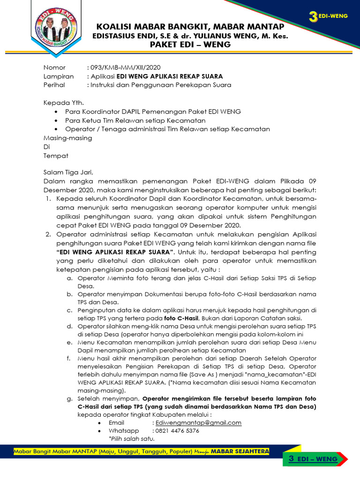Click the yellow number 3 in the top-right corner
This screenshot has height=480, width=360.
pyautogui.click(x=313, y=17)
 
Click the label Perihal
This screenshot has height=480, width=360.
pyautogui.click(x=54, y=85)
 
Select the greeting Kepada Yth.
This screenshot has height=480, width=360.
pyautogui.click(x=64, y=103)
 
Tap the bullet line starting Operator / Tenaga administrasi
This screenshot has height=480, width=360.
pyautogui.click(x=167, y=129)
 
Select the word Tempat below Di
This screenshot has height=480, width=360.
pyautogui.click(x=56, y=155)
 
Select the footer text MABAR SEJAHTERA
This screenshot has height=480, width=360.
pyautogui.click(x=240, y=451)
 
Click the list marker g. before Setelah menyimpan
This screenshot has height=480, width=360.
pyautogui.click(x=69, y=399)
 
